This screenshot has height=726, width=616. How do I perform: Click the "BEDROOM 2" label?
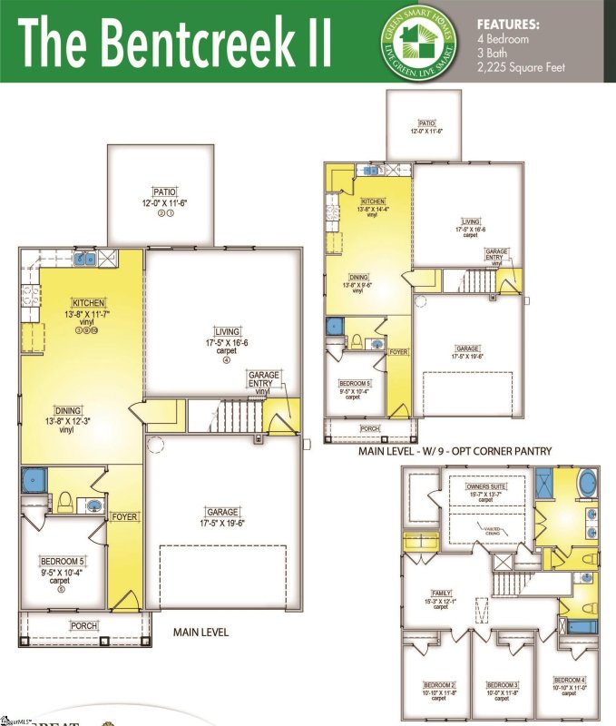[440, 683]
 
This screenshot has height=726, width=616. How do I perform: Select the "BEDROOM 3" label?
[502, 683]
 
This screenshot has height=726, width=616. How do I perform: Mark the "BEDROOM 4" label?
[571, 680]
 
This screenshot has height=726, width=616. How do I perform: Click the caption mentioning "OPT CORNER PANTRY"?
[442, 451]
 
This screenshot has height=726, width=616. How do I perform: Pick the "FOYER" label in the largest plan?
[124, 516]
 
